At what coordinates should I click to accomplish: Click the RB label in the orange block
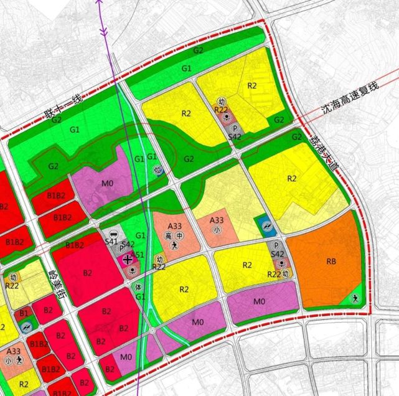click(x=331, y=263)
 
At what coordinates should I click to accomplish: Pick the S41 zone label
click(x=112, y=241)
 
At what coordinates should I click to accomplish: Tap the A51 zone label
click(x=139, y=255)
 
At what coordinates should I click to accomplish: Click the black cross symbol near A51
click(x=128, y=259)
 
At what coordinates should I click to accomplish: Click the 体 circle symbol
click(x=139, y=286)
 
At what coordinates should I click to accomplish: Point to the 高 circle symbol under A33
click(x=168, y=236)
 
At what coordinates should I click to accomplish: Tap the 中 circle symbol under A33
click(x=179, y=236)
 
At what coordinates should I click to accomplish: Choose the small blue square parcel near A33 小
click(x=265, y=225)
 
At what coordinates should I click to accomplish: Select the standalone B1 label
click(x=24, y=313)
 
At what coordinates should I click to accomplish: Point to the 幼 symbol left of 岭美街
click(x=13, y=276)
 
